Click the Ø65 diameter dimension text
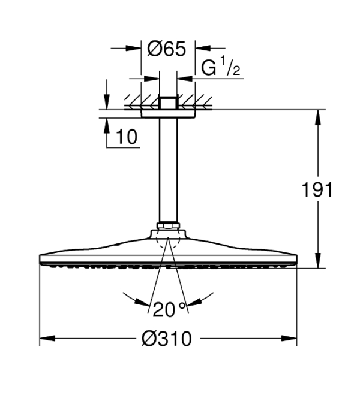coord(167,49)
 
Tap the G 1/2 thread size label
coord(221,67)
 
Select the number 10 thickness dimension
coord(127,137)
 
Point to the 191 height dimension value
coord(317,189)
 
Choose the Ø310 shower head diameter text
coord(166,339)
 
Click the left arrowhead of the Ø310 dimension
coord(47,338)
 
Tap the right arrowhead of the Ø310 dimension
coord(289,338)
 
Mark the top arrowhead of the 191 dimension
coord(317,117)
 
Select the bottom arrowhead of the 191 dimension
coord(317,260)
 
